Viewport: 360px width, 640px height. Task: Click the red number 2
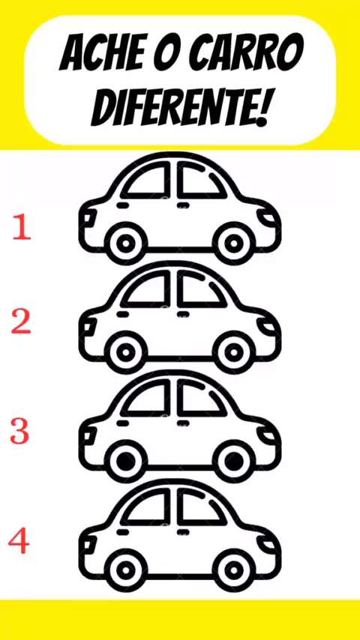21,322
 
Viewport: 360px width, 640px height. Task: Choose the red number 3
20,432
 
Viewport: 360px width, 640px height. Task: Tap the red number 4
19,542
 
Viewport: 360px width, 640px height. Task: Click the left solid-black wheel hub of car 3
125,461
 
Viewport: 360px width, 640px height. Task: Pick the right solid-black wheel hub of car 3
234,461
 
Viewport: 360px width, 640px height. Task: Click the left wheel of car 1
125,244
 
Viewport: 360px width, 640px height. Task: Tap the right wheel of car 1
234,244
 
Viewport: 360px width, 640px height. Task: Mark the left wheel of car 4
125,570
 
